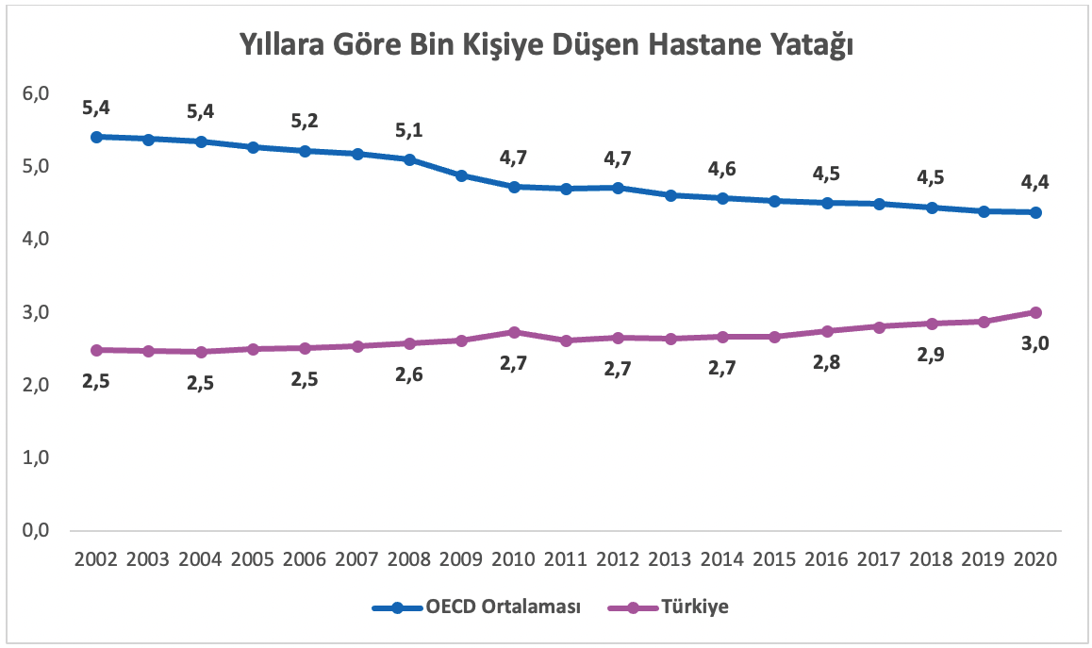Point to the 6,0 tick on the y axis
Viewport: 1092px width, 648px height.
(36, 94)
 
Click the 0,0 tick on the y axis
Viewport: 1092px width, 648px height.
(36, 531)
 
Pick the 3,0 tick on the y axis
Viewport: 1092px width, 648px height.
(36, 312)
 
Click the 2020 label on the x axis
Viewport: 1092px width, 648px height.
(1035, 558)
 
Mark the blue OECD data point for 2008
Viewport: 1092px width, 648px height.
(409, 159)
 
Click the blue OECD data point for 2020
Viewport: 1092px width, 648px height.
(1035, 212)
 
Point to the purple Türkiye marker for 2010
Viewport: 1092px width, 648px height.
(514, 332)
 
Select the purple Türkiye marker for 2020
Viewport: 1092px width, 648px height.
(1035, 312)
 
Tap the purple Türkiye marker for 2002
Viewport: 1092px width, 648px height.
(96, 350)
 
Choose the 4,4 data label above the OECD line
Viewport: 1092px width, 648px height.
(1035, 181)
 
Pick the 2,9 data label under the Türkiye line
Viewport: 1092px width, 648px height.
(931, 358)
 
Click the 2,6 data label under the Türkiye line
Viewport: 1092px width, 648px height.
(409, 374)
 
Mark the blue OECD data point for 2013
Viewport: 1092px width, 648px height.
(670, 195)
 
